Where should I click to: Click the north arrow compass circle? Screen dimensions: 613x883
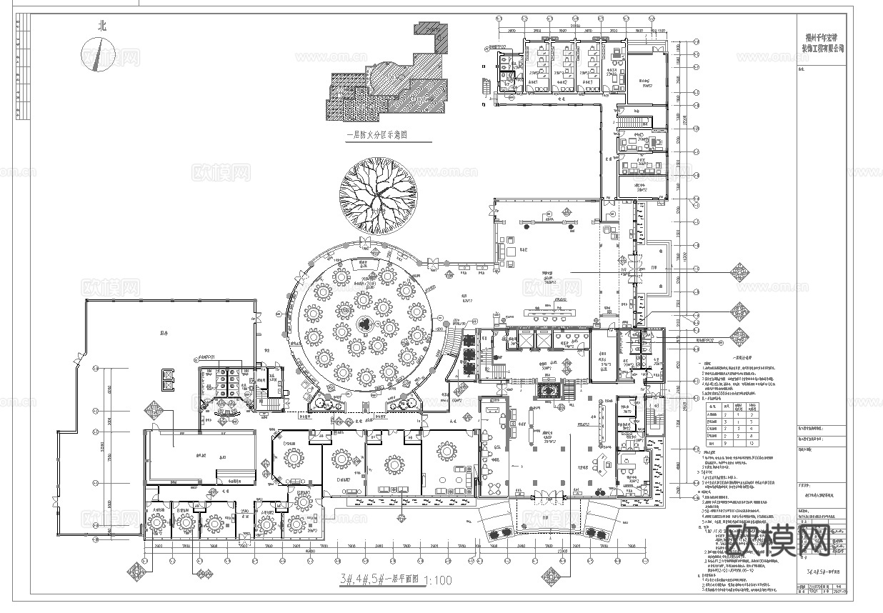point(99,55)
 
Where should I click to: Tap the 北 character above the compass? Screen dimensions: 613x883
point(101,26)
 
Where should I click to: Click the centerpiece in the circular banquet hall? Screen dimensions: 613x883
point(365,324)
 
